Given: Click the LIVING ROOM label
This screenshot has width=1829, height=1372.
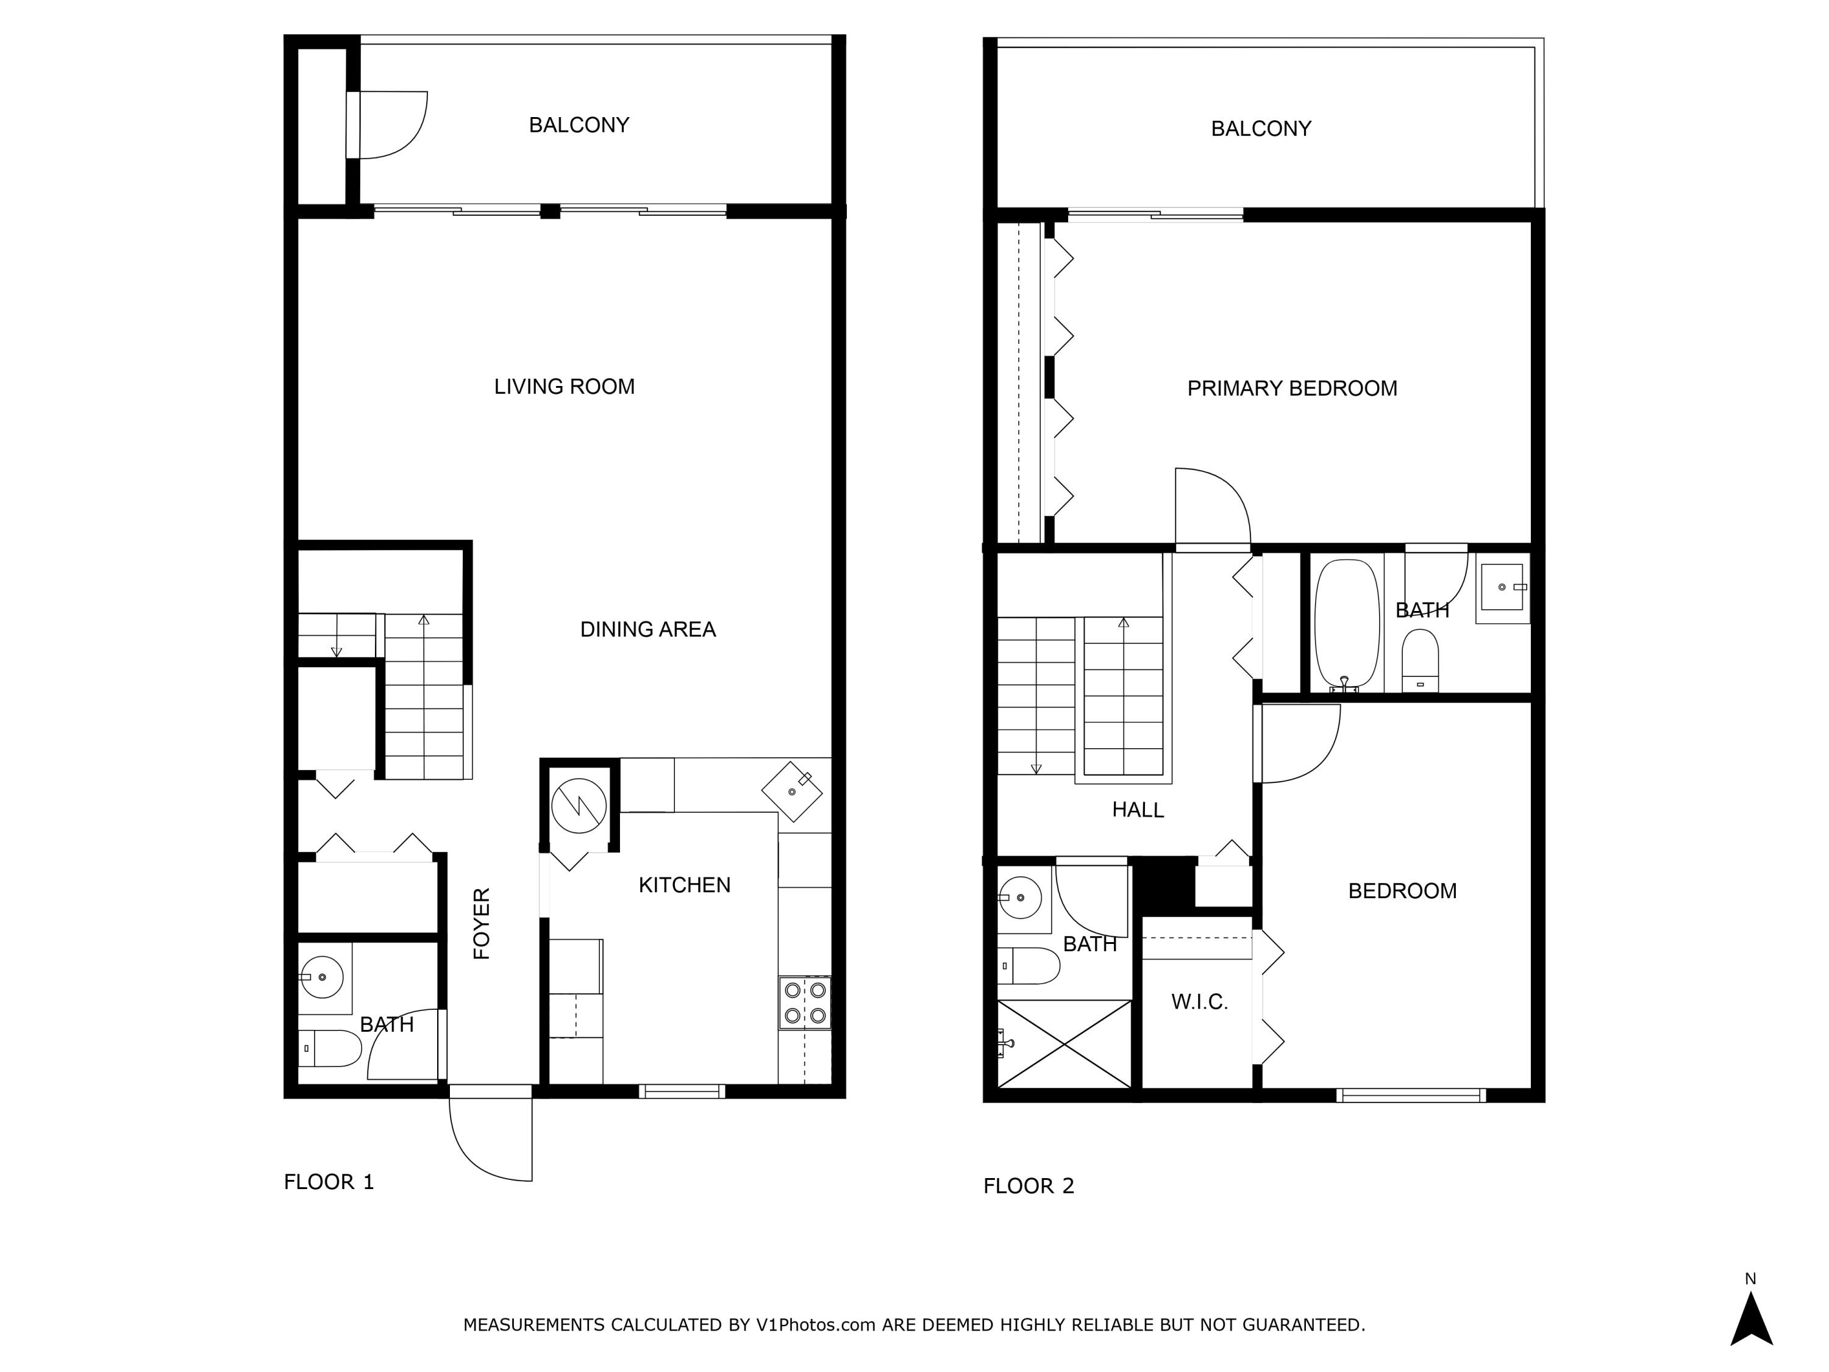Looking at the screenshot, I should [564, 387].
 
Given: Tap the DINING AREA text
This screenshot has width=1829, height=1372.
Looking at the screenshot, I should [647, 629].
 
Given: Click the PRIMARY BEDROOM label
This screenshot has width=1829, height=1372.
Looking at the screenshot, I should [1291, 388].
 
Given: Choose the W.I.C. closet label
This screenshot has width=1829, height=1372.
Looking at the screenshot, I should [1199, 1002].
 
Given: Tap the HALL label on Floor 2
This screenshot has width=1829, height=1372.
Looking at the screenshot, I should [1138, 810].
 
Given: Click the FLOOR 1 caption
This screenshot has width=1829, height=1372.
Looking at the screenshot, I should [328, 1182].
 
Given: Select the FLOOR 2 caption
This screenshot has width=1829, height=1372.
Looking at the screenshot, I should [1029, 1186].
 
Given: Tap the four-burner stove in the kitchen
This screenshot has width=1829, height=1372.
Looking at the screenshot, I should [805, 1003].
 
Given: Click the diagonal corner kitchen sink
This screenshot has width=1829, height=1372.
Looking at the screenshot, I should [791, 791].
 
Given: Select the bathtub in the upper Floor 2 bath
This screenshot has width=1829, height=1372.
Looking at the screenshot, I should [1347, 624].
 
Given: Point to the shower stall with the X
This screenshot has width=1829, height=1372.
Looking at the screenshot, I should [1064, 1044].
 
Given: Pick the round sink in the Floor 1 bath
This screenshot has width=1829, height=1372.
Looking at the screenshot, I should [322, 977].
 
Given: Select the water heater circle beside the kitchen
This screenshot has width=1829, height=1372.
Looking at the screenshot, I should [579, 805].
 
